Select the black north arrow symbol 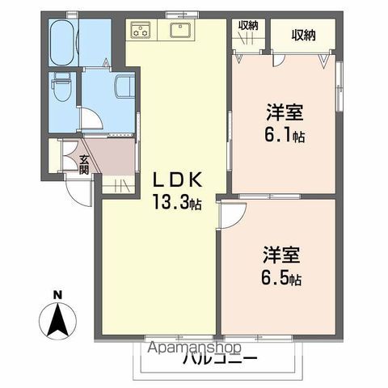pyautogui.click(x=57, y=320)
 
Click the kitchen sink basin pyautogui.click(x=179, y=31)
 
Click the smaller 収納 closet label pyautogui.click(x=247, y=26)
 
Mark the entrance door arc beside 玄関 pyautogui.click(x=77, y=191)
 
